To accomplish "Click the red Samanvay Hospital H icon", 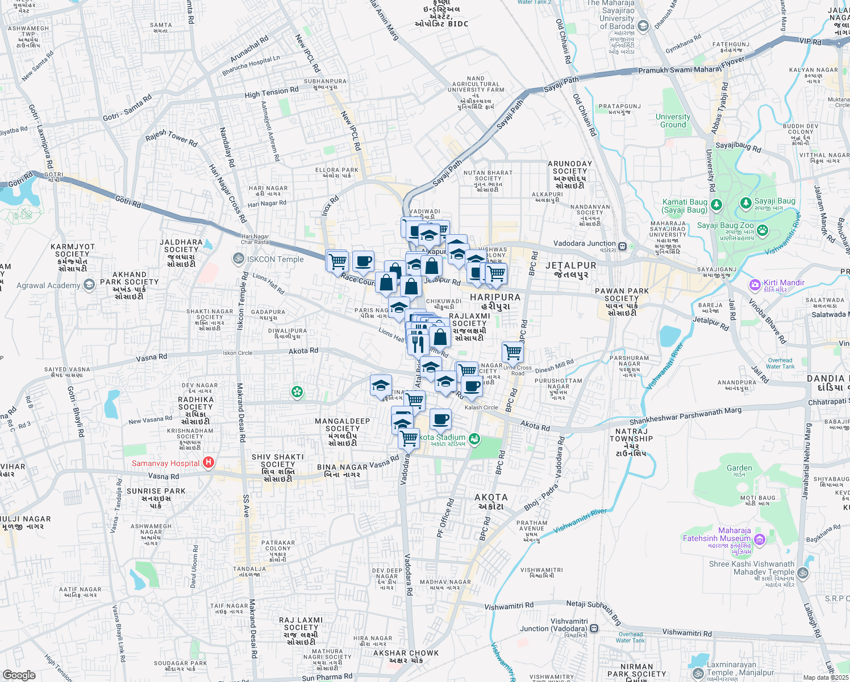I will [x=209, y=463].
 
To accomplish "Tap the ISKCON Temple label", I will [x=276, y=259].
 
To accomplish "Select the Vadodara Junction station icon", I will [x=623, y=246].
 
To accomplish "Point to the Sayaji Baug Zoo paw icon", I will [x=763, y=230].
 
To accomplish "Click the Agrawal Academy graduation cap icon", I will [x=89, y=285].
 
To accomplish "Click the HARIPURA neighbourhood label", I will [x=495, y=297].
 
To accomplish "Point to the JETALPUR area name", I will [x=571, y=265].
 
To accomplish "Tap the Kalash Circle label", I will [x=481, y=407].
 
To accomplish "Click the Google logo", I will [x=19, y=675].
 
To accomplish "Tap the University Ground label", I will [x=673, y=120].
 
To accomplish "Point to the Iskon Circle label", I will [x=238, y=353].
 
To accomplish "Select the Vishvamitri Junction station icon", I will [x=594, y=629].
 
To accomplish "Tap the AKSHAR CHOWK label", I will [x=406, y=653].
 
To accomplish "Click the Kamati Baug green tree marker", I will [x=716, y=203].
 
